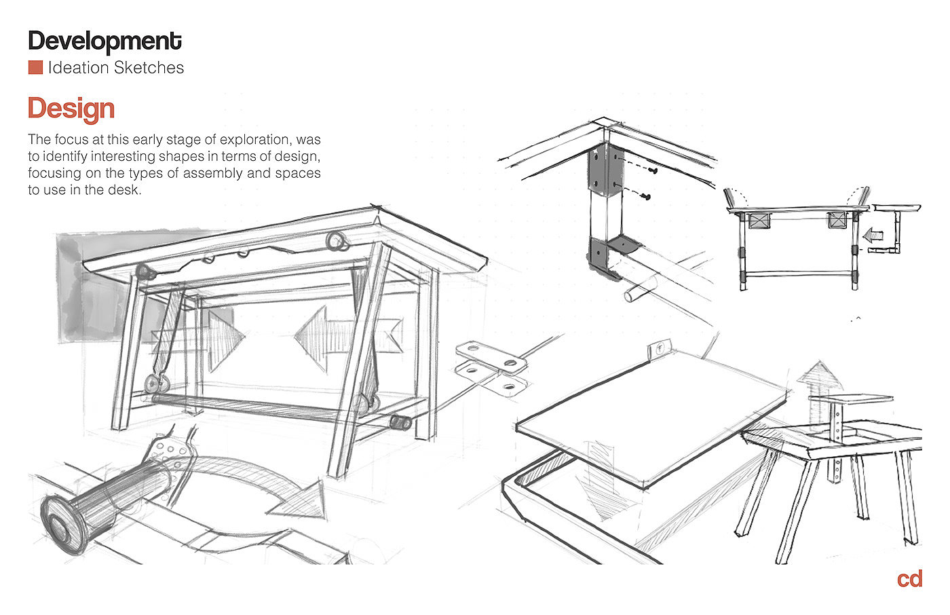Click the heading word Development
pos(104,41)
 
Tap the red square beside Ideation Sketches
pos(35,68)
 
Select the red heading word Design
pos(71,109)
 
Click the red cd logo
pos(909,579)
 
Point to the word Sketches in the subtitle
pos(149,68)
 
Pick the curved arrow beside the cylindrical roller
pos(271,489)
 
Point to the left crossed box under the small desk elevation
pos(758,221)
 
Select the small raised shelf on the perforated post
pos(858,399)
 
